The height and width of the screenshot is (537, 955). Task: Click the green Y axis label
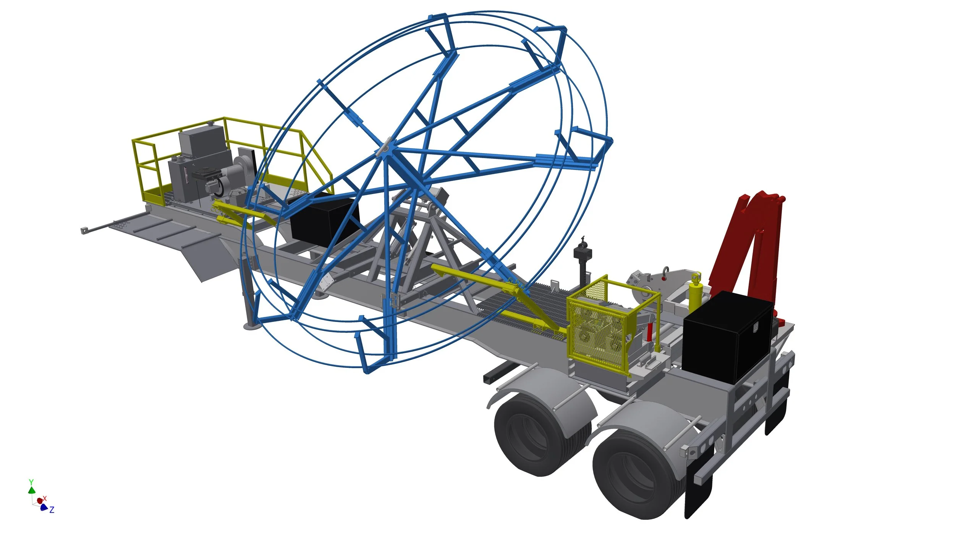31,482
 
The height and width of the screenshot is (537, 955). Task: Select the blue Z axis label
52,510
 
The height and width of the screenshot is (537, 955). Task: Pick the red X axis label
45,498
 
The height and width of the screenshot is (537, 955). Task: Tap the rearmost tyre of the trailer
636,476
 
